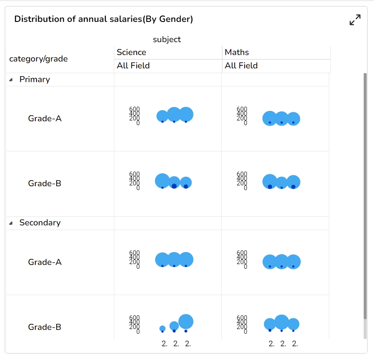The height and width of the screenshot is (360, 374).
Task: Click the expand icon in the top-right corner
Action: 355,20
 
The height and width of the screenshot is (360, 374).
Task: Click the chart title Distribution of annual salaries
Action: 104,19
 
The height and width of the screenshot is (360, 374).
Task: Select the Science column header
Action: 132,52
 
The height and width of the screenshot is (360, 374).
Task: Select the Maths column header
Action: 237,52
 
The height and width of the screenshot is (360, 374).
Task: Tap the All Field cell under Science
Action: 133,66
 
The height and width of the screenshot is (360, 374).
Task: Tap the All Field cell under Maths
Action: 241,66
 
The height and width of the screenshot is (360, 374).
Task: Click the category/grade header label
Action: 39,59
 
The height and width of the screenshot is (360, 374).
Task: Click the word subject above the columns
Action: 167,40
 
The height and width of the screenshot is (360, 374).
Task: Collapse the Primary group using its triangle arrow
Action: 11,80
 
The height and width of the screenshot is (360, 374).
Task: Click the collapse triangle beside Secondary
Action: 11,223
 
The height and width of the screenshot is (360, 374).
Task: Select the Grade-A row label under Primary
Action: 45,118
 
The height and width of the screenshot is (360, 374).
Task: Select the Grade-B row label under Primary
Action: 45,184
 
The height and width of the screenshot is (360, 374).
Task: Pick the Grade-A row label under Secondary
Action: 45,262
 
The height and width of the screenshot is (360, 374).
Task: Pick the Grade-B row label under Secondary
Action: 45,327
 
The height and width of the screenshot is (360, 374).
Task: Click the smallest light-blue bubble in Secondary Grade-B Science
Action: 162,328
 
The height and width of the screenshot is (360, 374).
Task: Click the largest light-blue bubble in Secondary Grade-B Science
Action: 186,321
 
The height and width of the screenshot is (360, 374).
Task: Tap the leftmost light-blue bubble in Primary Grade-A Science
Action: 162,115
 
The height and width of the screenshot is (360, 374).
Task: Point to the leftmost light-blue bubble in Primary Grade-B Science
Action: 162,180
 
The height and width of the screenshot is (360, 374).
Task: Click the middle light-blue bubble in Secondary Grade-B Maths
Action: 282,322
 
